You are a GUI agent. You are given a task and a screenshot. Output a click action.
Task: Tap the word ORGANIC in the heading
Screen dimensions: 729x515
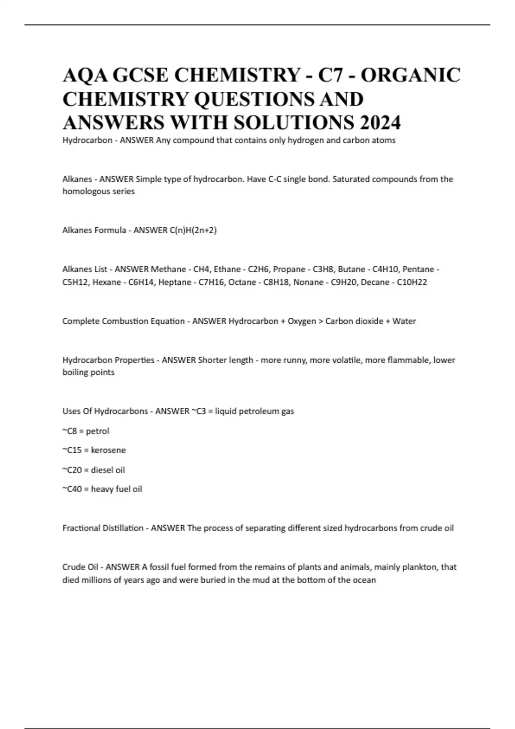point(411,75)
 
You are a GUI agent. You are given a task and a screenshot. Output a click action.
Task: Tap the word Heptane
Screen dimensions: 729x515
point(174,282)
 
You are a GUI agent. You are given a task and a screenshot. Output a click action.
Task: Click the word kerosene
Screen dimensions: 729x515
point(108,450)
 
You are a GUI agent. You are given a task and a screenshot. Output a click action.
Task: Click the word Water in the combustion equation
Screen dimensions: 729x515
point(404,321)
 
